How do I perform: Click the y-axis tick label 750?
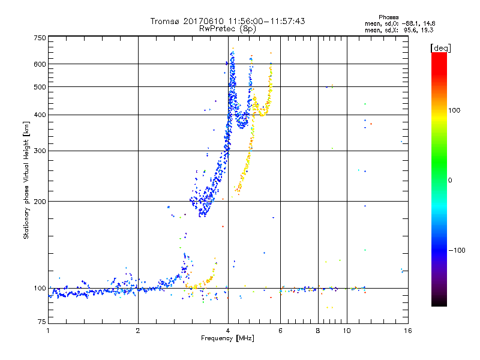point(40,37)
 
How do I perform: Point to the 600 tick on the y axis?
point(40,64)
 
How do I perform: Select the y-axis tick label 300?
point(40,151)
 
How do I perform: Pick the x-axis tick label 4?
point(227,331)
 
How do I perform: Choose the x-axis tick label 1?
point(48,331)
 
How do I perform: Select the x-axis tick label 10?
point(346,331)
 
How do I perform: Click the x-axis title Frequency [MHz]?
point(227,338)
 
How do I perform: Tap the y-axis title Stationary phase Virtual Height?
point(26,180)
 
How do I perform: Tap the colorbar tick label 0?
point(451,180)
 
